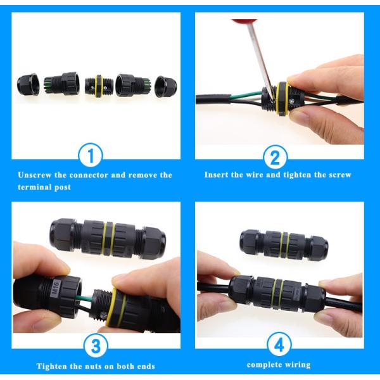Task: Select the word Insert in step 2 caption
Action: click(217, 175)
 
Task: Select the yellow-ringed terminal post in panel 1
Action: click(99, 85)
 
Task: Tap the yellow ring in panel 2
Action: click(281, 99)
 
